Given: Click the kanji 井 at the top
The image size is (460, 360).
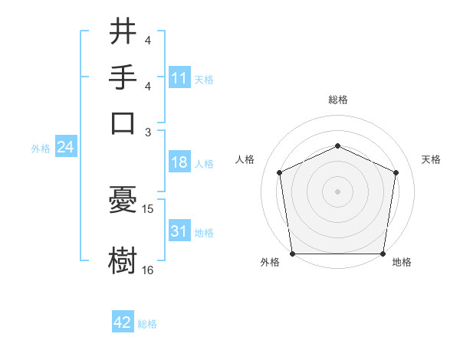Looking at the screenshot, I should (x=123, y=33).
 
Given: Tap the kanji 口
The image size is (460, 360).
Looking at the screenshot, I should (x=123, y=123).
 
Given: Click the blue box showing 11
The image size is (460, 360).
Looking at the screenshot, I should (x=179, y=78).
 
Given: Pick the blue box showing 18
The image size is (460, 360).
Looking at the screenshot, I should (x=179, y=162).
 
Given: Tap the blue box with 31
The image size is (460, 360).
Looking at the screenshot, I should (x=179, y=231).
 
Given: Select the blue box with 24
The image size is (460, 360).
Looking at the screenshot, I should (x=65, y=148).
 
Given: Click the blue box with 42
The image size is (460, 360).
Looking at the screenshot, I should (x=123, y=322).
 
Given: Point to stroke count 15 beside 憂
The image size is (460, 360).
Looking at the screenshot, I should (x=148, y=208).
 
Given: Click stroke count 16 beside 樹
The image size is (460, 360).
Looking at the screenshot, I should (x=148, y=269).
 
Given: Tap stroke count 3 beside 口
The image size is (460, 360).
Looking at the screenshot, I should (x=148, y=132).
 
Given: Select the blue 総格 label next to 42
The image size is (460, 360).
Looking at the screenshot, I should (x=147, y=324).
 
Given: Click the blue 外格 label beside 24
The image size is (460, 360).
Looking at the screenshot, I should (x=40, y=149).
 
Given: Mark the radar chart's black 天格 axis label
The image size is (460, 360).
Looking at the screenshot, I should (x=431, y=159).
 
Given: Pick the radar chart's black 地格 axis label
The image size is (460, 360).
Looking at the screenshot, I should (x=402, y=263).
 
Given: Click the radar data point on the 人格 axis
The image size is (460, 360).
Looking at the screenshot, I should (x=280, y=172).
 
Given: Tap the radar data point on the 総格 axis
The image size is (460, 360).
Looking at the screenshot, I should (x=337, y=146).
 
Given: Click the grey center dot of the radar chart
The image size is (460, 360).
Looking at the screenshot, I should (x=337, y=191).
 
